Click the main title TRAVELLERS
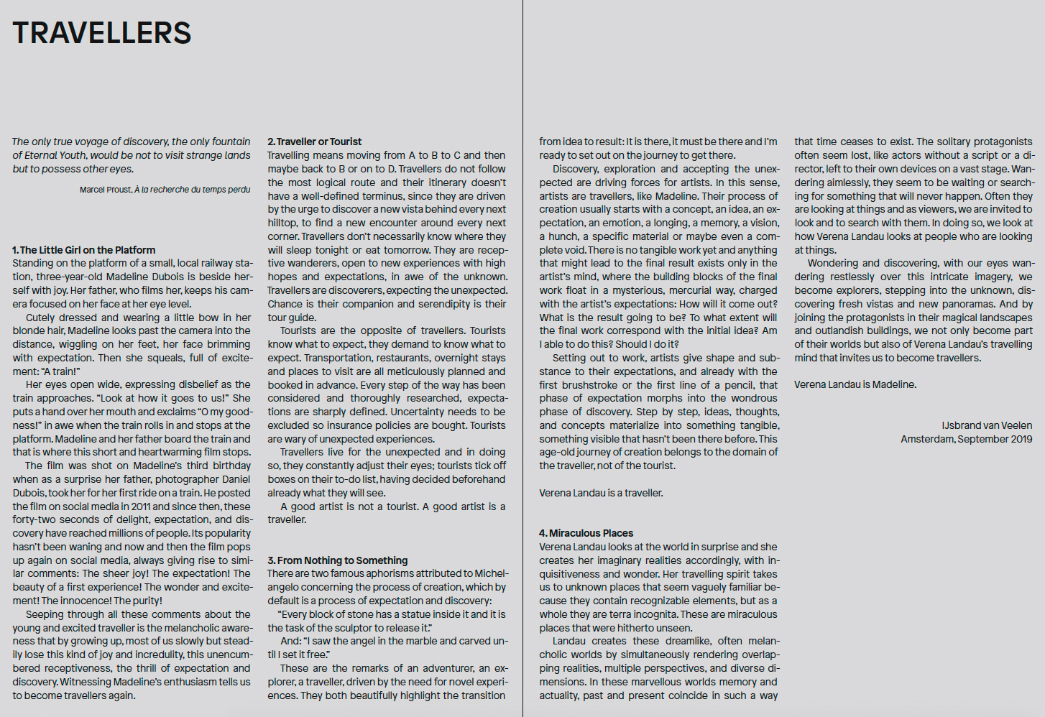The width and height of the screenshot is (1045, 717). point(102,33)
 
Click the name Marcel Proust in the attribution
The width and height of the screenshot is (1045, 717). point(106,190)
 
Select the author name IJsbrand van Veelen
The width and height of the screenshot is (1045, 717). point(987,425)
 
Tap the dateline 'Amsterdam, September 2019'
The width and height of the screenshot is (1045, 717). point(966,439)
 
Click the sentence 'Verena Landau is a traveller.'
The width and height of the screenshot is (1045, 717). point(601,493)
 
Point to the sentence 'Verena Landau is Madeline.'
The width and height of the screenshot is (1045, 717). point(855,384)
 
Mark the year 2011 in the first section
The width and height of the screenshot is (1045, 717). point(142,506)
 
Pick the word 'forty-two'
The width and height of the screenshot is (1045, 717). point(34,519)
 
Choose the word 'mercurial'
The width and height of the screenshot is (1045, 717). point(694,290)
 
